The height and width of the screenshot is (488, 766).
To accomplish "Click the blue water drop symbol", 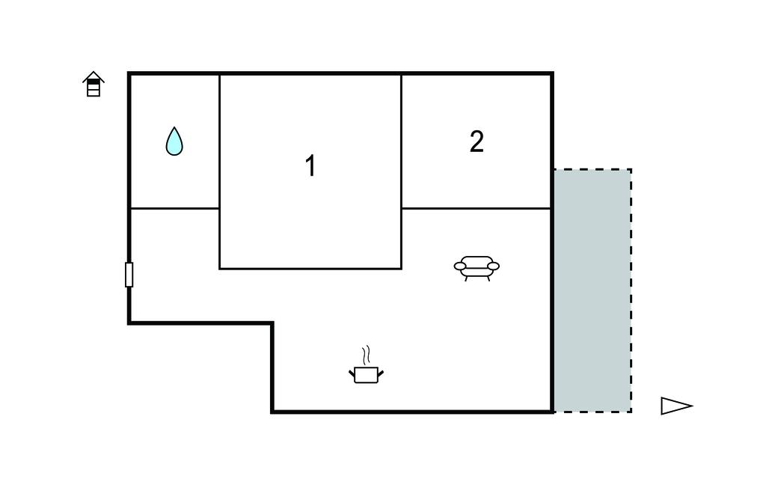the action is [174, 141].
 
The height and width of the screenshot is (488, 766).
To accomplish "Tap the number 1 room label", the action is [310, 165].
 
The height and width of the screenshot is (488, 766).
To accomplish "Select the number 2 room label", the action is [477, 141].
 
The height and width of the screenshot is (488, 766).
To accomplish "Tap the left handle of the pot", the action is [352, 374].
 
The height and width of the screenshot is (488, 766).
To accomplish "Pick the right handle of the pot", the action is [381, 374].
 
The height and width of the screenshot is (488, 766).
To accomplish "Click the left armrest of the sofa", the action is [460, 266].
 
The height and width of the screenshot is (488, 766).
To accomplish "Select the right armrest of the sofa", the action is [494, 266].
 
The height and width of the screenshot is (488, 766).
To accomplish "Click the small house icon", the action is [94, 84].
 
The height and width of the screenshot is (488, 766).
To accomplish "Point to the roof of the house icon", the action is [94, 76].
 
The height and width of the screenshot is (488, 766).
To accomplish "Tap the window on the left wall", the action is [129, 275].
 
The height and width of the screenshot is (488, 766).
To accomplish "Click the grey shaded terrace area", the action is [592, 290].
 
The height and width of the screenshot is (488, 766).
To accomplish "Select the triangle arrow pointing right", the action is [676, 406].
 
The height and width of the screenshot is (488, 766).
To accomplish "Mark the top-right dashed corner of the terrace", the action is [631, 170].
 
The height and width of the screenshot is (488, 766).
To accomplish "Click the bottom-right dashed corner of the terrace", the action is [631, 412].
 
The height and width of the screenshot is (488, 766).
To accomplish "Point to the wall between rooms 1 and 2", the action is [402, 171].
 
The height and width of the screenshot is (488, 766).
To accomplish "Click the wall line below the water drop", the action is [174, 208].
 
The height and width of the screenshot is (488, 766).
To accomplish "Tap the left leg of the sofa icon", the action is [467, 278].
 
